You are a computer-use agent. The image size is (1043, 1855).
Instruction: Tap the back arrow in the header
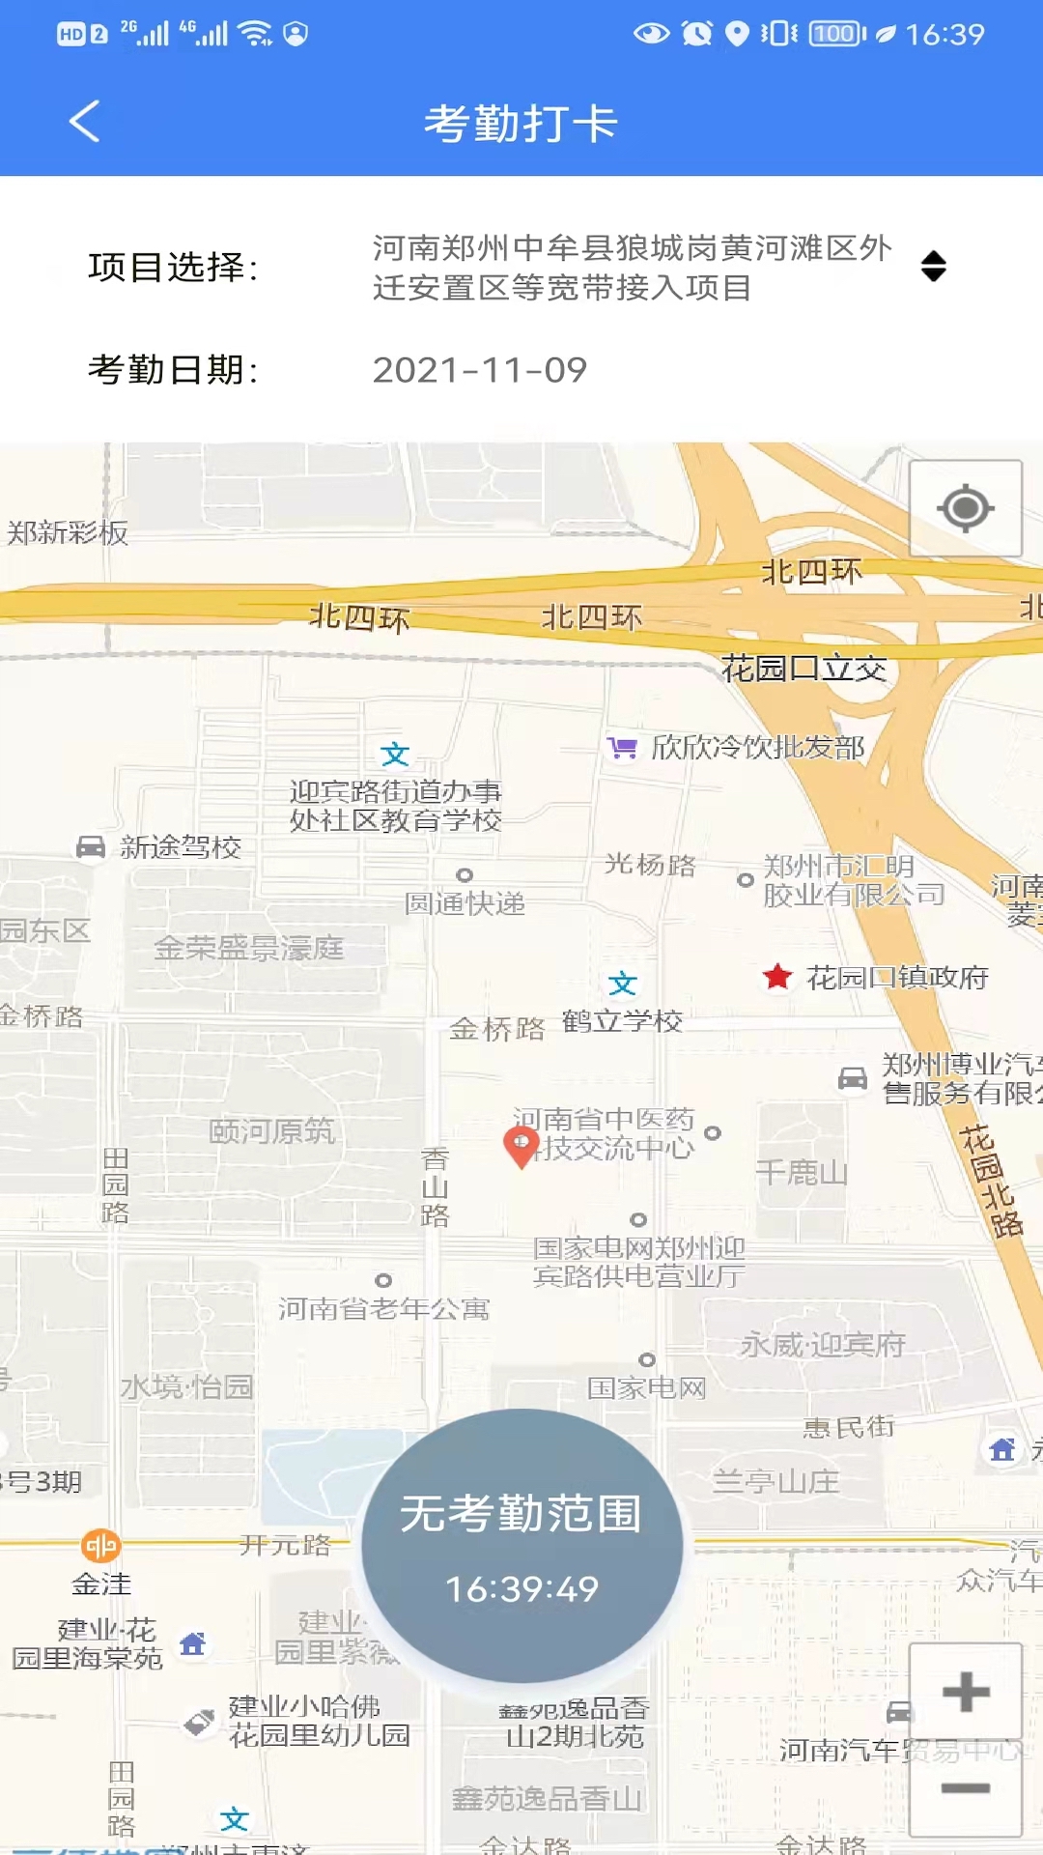(x=85, y=122)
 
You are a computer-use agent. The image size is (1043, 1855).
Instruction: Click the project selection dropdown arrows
(x=933, y=267)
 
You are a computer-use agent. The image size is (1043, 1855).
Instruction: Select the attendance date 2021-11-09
(x=479, y=370)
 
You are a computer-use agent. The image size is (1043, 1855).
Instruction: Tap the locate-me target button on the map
(x=965, y=508)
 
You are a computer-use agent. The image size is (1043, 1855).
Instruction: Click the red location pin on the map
(x=521, y=1146)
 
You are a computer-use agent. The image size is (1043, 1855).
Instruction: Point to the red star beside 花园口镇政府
(x=777, y=977)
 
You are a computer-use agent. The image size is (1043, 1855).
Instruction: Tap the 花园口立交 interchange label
(x=803, y=668)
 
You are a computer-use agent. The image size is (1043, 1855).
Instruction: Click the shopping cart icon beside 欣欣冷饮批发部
(x=623, y=747)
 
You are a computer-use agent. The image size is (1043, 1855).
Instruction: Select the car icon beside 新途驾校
(x=91, y=847)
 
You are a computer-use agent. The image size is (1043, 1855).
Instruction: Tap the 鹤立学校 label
(x=622, y=1020)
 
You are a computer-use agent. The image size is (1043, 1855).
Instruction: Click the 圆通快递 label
(x=465, y=903)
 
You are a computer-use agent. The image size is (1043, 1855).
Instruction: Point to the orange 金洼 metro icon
(x=100, y=1546)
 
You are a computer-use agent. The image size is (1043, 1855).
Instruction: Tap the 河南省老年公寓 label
(x=383, y=1309)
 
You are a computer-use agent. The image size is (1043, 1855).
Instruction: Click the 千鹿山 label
(x=801, y=1173)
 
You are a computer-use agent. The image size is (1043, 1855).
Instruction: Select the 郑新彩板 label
(x=68, y=532)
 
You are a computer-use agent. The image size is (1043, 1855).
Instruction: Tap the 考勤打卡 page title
(x=521, y=124)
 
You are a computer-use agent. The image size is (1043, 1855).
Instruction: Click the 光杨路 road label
(x=650, y=864)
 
